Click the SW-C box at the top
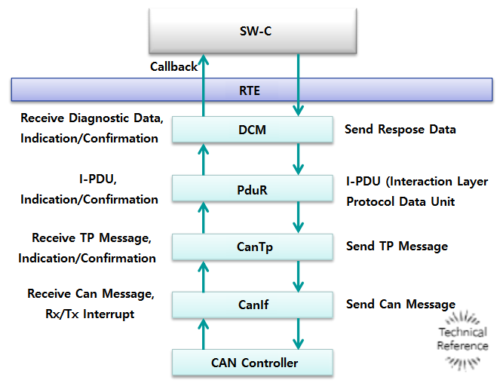tap(252, 32)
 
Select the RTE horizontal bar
tap(250, 90)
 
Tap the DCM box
tap(252, 130)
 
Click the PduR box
tap(252, 189)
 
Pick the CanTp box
tap(252, 247)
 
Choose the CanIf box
tap(252, 305)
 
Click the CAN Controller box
tap(252, 363)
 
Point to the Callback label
tap(173, 66)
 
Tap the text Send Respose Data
tap(400, 129)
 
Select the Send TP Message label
tap(397, 247)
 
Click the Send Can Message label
tap(400, 305)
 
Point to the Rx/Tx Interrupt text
tap(90, 314)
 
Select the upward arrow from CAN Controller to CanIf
tap(202, 334)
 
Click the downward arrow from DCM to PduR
tap(299, 159)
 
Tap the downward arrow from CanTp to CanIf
tap(299, 276)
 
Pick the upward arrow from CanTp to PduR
tap(202, 218)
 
